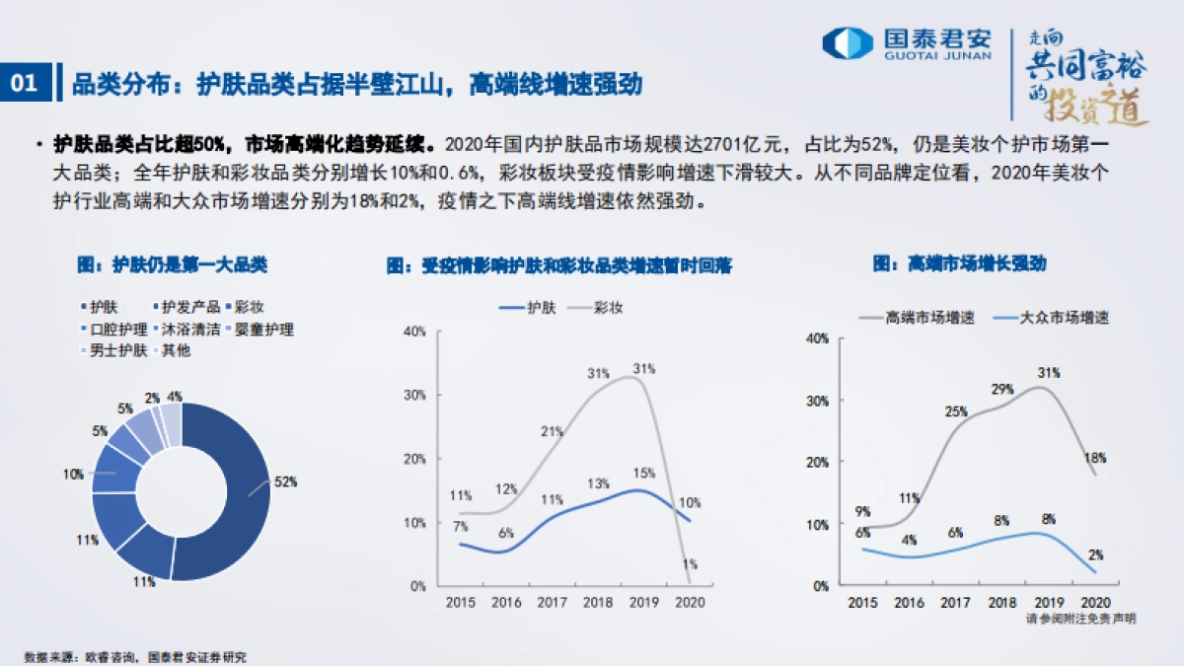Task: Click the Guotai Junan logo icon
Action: [848, 42]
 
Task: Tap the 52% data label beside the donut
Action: [285, 481]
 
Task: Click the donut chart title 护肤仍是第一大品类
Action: [172, 264]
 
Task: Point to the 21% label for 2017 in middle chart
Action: [552, 431]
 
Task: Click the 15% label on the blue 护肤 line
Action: [642, 473]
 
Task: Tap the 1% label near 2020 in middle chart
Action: [690, 564]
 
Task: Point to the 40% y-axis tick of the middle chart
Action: [414, 331]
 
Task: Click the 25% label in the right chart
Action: [955, 411]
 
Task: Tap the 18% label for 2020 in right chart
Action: [1094, 458]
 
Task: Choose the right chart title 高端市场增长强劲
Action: [959, 264]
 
